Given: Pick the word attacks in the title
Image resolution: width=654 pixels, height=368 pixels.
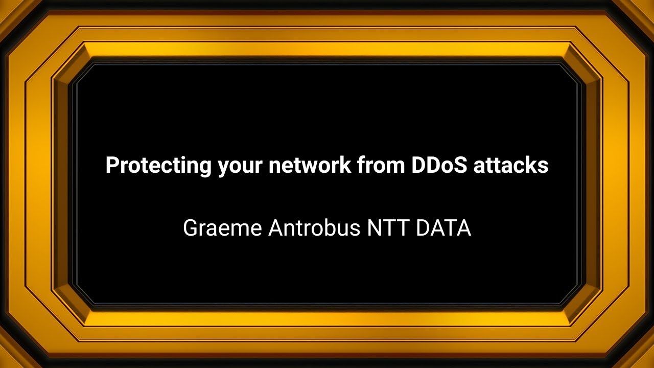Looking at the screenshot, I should click(x=511, y=166).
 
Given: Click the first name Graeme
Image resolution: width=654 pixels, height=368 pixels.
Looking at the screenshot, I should click(x=223, y=228).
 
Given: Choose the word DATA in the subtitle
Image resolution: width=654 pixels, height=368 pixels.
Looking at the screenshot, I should click(x=443, y=228).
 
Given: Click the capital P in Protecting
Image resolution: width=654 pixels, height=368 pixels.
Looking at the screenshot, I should click(x=111, y=166).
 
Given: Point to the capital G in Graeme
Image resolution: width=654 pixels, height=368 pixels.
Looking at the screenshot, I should click(x=191, y=228).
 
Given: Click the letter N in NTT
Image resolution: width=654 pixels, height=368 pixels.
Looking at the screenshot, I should click(x=373, y=228).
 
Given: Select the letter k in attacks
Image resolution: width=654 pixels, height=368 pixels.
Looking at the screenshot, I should click(x=532, y=166).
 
